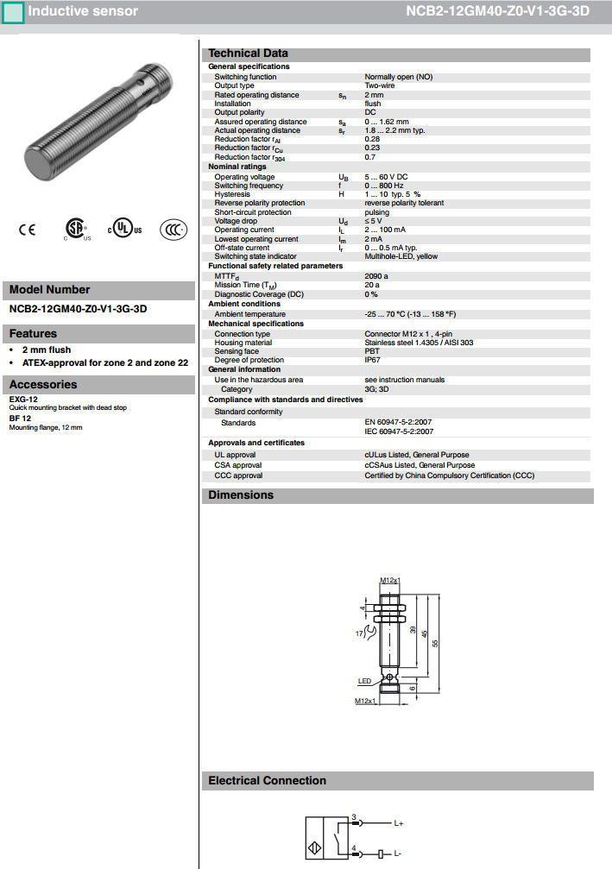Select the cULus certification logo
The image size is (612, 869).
(x=124, y=230)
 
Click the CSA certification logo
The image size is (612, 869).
(x=75, y=229)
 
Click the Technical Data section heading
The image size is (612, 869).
(x=249, y=54)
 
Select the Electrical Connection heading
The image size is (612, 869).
(x=268, y=780)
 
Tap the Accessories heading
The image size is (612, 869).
(x=43, y=385)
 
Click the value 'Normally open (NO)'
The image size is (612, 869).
(x=398, y=77)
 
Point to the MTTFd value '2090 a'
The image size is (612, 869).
(x=376, y=276)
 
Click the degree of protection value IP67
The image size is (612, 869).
(x=372, y=360)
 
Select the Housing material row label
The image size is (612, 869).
(x=243, y=343)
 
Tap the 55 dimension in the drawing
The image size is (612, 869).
(x=436, y=643)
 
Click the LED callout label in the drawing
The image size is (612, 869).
(x=364, y=681)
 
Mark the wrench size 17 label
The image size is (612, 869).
(x=360, y=634)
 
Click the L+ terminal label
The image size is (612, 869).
(x=400, y=823)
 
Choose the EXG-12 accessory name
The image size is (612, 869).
(x=23, y=400)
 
